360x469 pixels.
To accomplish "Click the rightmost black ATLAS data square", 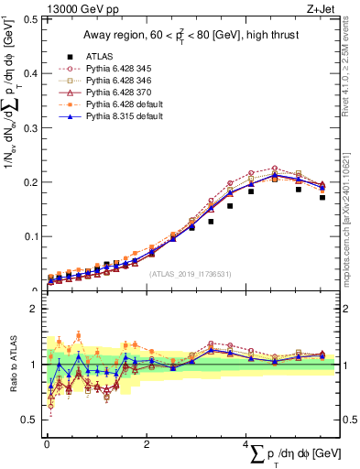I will point(322,197).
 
